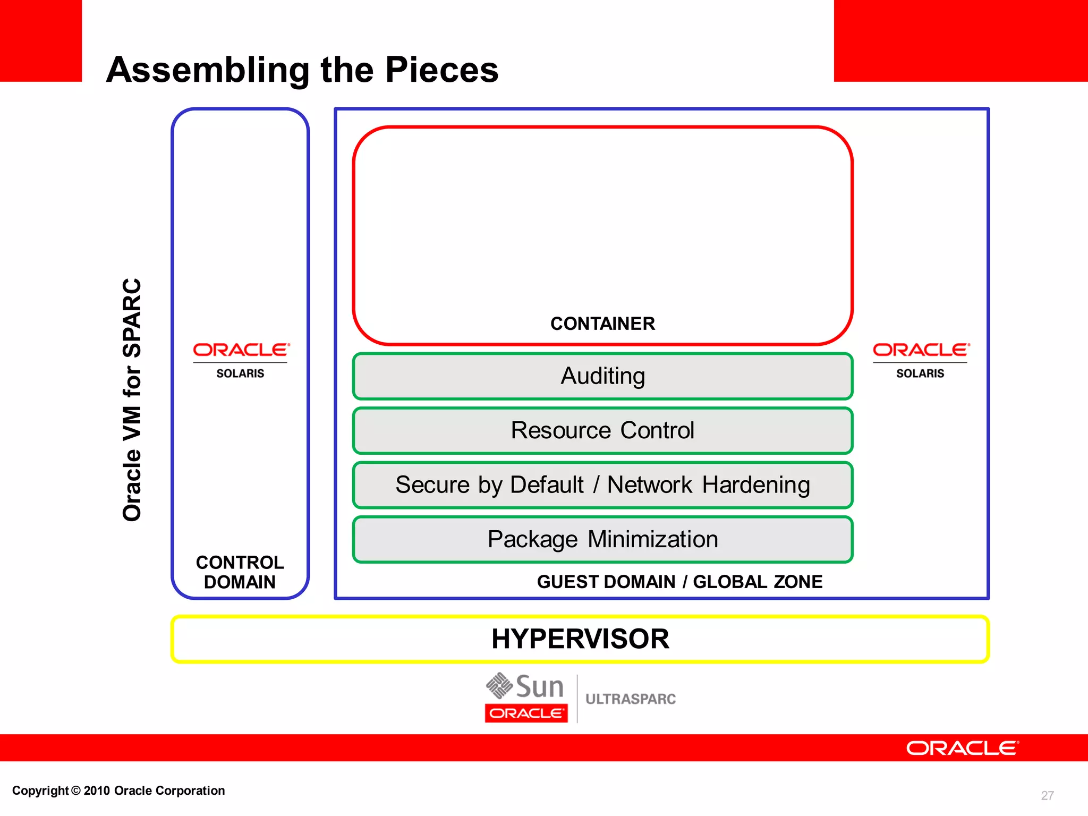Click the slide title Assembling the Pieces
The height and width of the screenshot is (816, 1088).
click(x=302, y=70)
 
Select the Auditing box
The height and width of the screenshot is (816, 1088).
click(x=602, y=376)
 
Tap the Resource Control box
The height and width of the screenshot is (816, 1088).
click(x=602, y=430)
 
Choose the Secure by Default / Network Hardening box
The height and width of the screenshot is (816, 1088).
click(x=602, y=485)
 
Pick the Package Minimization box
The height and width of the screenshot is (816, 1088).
click(x=602, y=539)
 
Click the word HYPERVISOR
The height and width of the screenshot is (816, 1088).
click(x=580, y=639)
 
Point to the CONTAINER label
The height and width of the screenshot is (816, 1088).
click(x=602, y=324)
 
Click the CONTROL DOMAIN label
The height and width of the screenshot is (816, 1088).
click(x=240, y=572)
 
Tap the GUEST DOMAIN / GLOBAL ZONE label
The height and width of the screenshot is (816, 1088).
click(x=679, y=582)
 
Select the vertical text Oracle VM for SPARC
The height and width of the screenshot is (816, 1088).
click(x=132, y=399)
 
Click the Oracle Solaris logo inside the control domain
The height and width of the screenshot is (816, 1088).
click(x=240, y=359)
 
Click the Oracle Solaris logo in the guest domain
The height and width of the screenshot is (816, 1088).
click(x=920, y=359)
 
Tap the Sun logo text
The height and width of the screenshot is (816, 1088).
click(x=539, y=686)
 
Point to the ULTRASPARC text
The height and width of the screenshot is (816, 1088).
click(x=631, y=699)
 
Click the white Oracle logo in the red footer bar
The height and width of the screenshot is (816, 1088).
click(x=962, y=748)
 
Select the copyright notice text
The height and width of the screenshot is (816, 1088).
click(x=118, y=790)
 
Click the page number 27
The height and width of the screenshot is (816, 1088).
click(x=1047, y=795)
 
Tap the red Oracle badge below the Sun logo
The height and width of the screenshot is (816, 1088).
click(x=526, y=713)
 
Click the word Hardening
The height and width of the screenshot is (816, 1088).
click(x=756, y=485)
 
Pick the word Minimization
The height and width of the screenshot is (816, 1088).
click(x=653, y=539)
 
